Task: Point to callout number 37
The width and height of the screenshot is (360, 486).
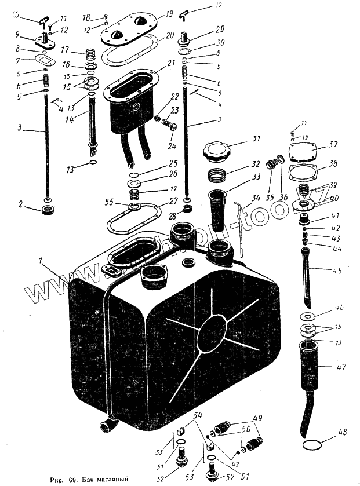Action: [x=333, y=144]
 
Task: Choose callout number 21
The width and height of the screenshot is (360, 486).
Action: [x=172, y=63]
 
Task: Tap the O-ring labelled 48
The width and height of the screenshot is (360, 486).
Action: [x=314, y=445]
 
